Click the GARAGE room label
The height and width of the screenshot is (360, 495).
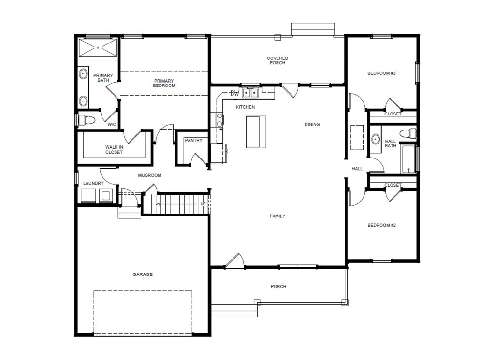tap(143, 274)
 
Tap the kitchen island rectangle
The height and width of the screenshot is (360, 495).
tap(256, 132)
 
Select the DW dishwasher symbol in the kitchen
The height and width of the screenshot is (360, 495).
tap(234, 93)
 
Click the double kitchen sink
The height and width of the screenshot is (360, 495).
tap(250, 93)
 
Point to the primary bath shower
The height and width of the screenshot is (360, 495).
tap(98, 48)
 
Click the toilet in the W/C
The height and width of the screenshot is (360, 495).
tap(87, 120)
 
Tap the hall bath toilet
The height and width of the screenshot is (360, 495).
tap(408, 133)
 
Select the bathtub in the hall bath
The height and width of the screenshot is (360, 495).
tap(408, 159)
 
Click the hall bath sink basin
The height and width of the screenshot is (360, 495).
tap(375, 139)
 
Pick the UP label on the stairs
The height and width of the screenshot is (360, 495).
tap(203, 204)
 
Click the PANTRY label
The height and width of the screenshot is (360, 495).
tap(193, 141)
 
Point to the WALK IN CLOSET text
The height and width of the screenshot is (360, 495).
tap(114, 149)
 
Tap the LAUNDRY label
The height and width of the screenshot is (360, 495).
tap(93, 183)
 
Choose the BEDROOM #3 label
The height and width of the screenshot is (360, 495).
tap(381, 73)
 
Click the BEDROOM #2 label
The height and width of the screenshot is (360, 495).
tap(381, 225)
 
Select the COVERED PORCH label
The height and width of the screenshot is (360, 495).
tap(277, 60)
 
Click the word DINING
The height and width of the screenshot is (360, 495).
tap(312, 124)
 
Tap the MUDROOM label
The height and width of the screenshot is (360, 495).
tap(150, 175)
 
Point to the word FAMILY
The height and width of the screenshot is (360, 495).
tap(277, 216)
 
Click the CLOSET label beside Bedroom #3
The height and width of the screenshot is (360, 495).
tap(393, 114)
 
